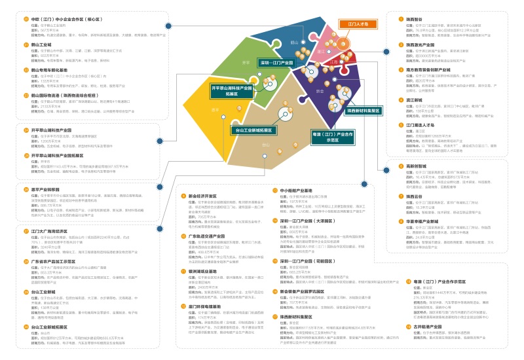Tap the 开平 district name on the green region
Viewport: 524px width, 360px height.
[x=246, y=62]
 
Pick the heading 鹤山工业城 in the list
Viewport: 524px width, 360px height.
[x=43, y=45]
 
